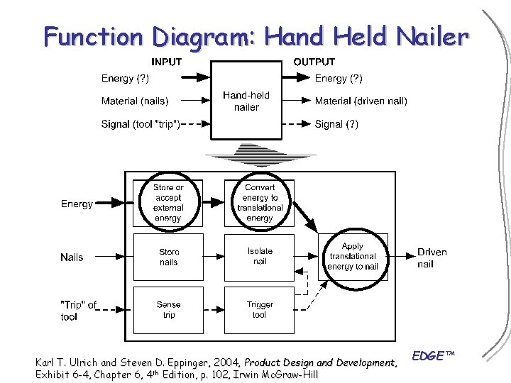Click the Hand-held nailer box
click(246, 101)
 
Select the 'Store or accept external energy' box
click(168, 203)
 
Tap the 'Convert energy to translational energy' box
click(260, 203)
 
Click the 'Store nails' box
click(168, 257)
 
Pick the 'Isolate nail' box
click(260, 257)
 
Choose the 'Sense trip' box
click(168, 310)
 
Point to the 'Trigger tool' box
click(260, 310)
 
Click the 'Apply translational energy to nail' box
click(353, 257)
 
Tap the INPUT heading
click(167, 62)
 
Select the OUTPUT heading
click(314, 62)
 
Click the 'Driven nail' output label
click(432, 257)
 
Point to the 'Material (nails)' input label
click(140, 101)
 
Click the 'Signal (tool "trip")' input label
click(141, 124)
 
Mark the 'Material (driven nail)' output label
click(361, 101)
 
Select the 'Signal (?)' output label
click(336, 124)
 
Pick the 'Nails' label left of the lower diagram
click(72, 257)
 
